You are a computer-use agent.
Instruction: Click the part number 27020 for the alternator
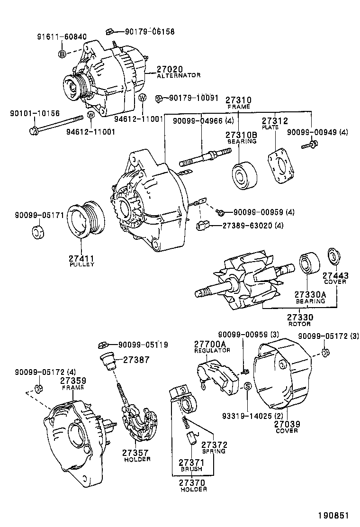pos(170,69)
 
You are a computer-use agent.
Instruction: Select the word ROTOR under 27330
pos(299,324)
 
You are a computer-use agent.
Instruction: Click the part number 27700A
pos(210,344)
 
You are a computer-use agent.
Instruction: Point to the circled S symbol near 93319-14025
pos(247,387)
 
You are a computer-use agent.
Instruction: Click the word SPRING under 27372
pos(214,452)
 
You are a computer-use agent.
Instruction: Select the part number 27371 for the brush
pos(191,462)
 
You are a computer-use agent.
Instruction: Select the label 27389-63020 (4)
pos(253,226)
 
